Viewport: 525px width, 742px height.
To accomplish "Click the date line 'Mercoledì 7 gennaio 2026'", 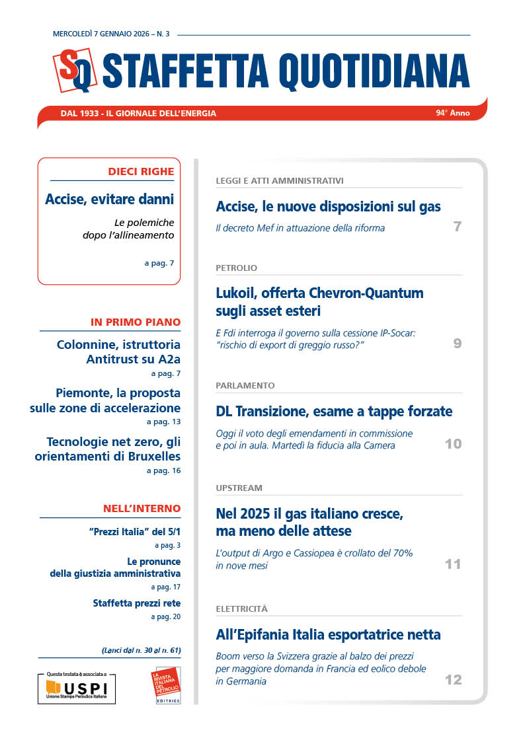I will (x=102, y=34).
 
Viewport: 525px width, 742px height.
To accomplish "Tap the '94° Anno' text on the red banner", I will (x=452, y=113).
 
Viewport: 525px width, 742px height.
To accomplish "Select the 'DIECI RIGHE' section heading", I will (x=141, y=172).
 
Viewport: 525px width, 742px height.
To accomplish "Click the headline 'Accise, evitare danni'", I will (x=110, y=199).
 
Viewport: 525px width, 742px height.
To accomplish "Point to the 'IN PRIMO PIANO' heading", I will (x=136, y=322).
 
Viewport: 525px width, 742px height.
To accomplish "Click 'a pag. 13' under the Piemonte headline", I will (x=163, y=422).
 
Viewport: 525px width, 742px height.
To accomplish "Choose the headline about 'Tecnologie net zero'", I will (x=113, y=449).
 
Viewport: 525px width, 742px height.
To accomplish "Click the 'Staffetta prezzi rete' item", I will (x=136, y=603).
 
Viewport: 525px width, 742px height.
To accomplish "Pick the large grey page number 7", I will (x=457, y=227).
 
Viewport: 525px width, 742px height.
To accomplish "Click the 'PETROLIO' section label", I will (x=236, y=268).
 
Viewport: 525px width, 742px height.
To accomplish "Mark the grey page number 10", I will (x=453, y=444).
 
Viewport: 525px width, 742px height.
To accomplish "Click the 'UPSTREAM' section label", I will (x=239, y=488).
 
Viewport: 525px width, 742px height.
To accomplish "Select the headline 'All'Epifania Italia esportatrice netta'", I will (x=328, y=635).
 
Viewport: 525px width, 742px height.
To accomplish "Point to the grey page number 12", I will (x=453, y=680).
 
